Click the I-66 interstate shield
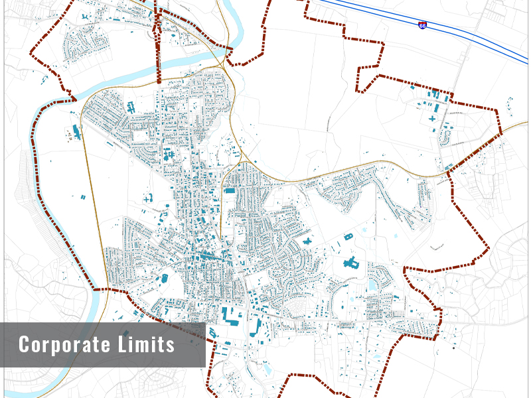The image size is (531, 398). (x=423, y=25)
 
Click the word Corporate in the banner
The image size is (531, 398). (x=64, y=345)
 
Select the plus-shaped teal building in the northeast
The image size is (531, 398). (x=432, y=119)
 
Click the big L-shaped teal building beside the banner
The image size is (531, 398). (x=228, y=316)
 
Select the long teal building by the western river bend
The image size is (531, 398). (x=76, y=131)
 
